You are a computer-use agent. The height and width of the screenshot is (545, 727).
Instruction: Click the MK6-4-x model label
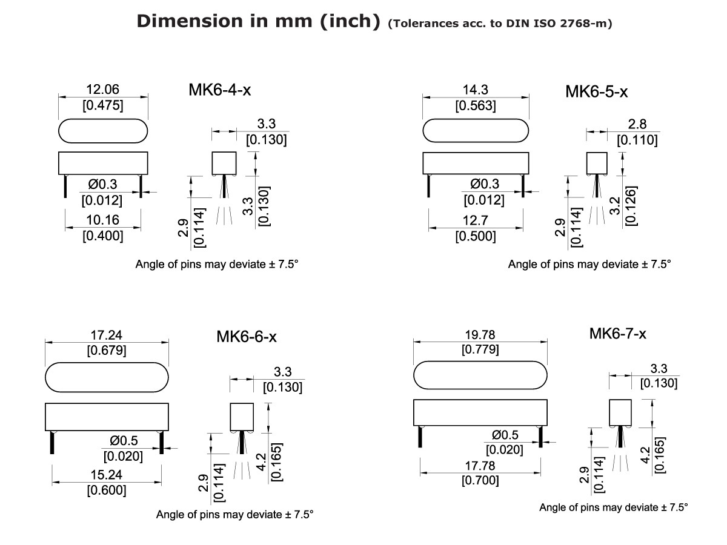(x=220, y=90)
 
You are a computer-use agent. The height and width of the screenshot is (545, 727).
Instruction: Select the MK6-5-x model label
(x=596, y=92)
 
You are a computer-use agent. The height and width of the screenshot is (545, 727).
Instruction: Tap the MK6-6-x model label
(x=247, y=337)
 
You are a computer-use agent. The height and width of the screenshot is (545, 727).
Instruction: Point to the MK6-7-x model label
(x=617, y=334)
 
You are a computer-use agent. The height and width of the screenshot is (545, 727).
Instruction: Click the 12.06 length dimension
(x=102, y=90)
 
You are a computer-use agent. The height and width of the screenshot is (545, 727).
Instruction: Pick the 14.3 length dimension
(x=475, y=90)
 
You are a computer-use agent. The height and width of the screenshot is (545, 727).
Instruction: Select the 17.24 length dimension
(x=107, y=335)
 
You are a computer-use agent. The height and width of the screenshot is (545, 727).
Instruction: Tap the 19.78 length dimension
(x=480, y=334)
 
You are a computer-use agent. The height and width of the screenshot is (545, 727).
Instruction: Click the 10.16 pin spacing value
(x=102, y=220)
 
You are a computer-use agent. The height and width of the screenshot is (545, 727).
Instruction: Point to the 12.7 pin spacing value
(x=475, y=220)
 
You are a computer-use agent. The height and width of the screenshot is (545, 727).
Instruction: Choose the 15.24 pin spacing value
(x=107, y=475)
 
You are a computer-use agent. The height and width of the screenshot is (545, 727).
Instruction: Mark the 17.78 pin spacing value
(x=480, y=466)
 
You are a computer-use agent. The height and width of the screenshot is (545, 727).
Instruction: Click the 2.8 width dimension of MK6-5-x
(x=637, y=124)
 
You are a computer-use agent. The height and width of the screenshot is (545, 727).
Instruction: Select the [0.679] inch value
(x=107, y=350)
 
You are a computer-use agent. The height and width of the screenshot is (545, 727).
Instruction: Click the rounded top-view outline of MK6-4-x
(x=103, y=130)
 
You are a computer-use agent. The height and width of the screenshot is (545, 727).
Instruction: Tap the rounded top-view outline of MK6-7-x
(x=480, y=375)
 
